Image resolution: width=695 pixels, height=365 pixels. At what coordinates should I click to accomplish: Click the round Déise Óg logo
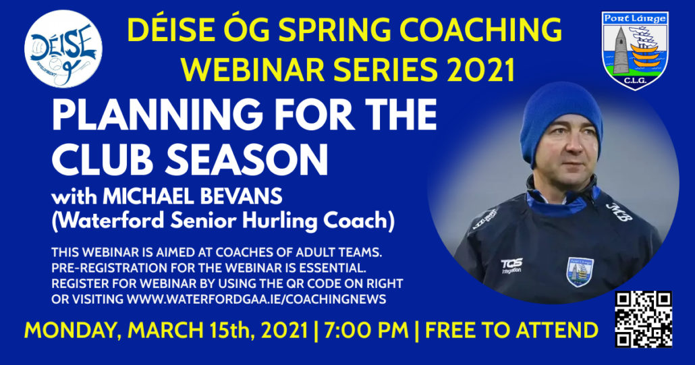point(63,49)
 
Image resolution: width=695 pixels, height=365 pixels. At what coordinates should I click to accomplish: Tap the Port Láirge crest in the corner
point(635,50)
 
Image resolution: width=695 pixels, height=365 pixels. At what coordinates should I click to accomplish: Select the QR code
point(644,319)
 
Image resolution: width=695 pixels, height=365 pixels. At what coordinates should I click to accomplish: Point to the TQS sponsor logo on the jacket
point(511,266)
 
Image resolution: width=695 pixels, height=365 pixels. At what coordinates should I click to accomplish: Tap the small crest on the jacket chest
point(580,271)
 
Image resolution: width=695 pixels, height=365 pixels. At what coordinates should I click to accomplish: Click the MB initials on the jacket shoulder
point(619,212)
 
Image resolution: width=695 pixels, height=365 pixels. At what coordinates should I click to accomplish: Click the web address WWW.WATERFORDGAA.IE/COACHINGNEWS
point(256,299)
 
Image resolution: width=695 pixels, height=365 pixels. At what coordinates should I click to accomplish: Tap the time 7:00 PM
point(366,331)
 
